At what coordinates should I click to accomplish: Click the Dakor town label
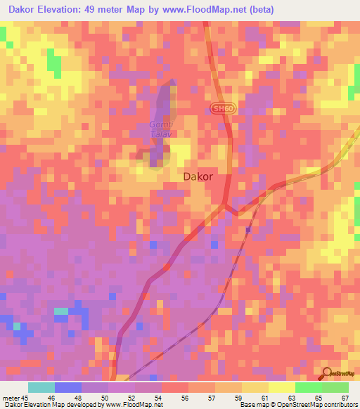198,177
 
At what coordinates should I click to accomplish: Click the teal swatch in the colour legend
41,388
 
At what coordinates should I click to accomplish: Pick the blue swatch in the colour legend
68,388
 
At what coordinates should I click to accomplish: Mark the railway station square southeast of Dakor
248,229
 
